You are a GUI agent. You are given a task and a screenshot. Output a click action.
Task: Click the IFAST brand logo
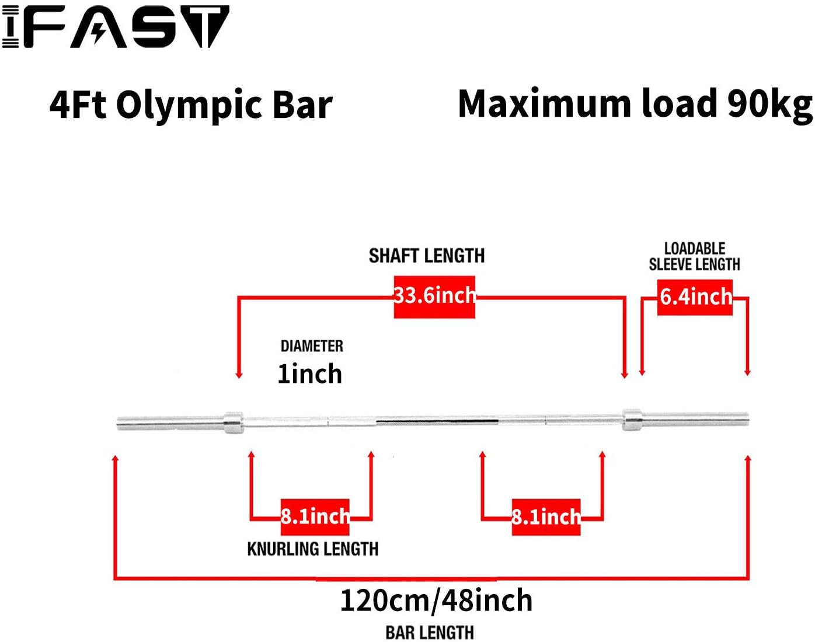coord(116,27)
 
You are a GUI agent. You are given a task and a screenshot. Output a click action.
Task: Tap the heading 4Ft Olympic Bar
coord(191,105)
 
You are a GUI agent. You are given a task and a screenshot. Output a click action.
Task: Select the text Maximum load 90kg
coord(635,104)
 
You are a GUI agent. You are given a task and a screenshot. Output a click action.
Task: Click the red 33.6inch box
coord(434,296)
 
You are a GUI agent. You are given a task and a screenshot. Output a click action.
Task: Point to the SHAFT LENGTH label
coord(427,256)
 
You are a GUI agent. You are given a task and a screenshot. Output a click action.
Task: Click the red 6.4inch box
coord(695,297)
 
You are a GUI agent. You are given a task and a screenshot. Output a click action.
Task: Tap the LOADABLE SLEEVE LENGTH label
coord(694,257)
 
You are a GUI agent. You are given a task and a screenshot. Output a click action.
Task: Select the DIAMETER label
coord(312,346)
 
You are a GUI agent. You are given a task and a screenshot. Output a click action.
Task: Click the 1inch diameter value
coord(309,374)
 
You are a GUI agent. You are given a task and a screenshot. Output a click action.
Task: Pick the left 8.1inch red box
coord(315,517)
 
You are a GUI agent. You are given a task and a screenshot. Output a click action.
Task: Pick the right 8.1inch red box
coord(546,517)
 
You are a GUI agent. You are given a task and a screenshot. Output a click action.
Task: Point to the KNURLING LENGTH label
coord(313,549)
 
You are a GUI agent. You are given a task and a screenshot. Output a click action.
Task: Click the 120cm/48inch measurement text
coord(436,601)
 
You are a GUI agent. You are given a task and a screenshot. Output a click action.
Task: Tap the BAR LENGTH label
coord(430,633)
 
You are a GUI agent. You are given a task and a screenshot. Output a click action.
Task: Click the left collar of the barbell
coord(233,422)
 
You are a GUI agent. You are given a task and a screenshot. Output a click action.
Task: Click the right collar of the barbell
coord(632,420)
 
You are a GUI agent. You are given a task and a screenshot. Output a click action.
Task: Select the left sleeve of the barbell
coord(169,423)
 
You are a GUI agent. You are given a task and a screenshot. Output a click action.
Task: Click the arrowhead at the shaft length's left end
coord(238,375)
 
